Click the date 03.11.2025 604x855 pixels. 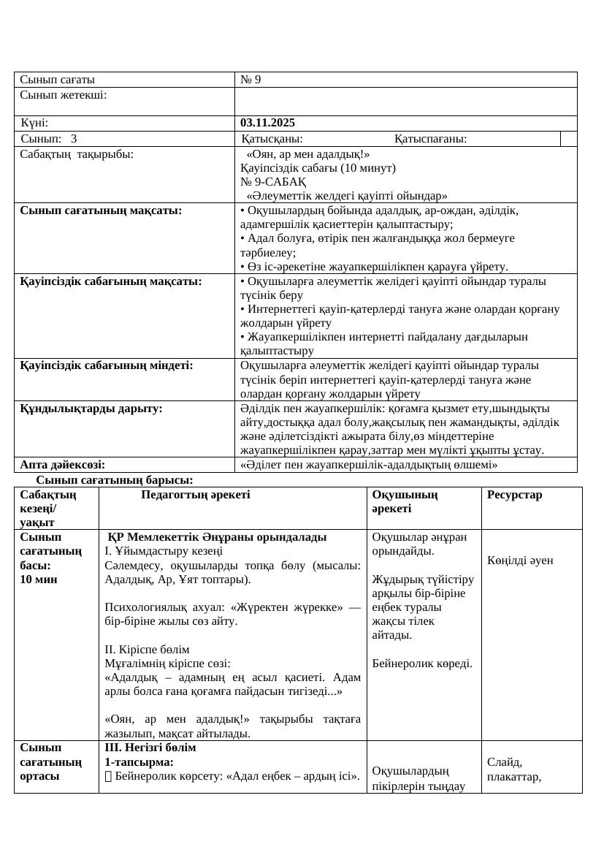coord(267,123)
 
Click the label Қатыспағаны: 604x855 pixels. coord(431,139)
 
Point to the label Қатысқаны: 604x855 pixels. coord(272,139)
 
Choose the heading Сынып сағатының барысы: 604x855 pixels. coord(115,480)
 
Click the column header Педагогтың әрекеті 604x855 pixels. coord(195,495)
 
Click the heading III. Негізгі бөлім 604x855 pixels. coord(150,748)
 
